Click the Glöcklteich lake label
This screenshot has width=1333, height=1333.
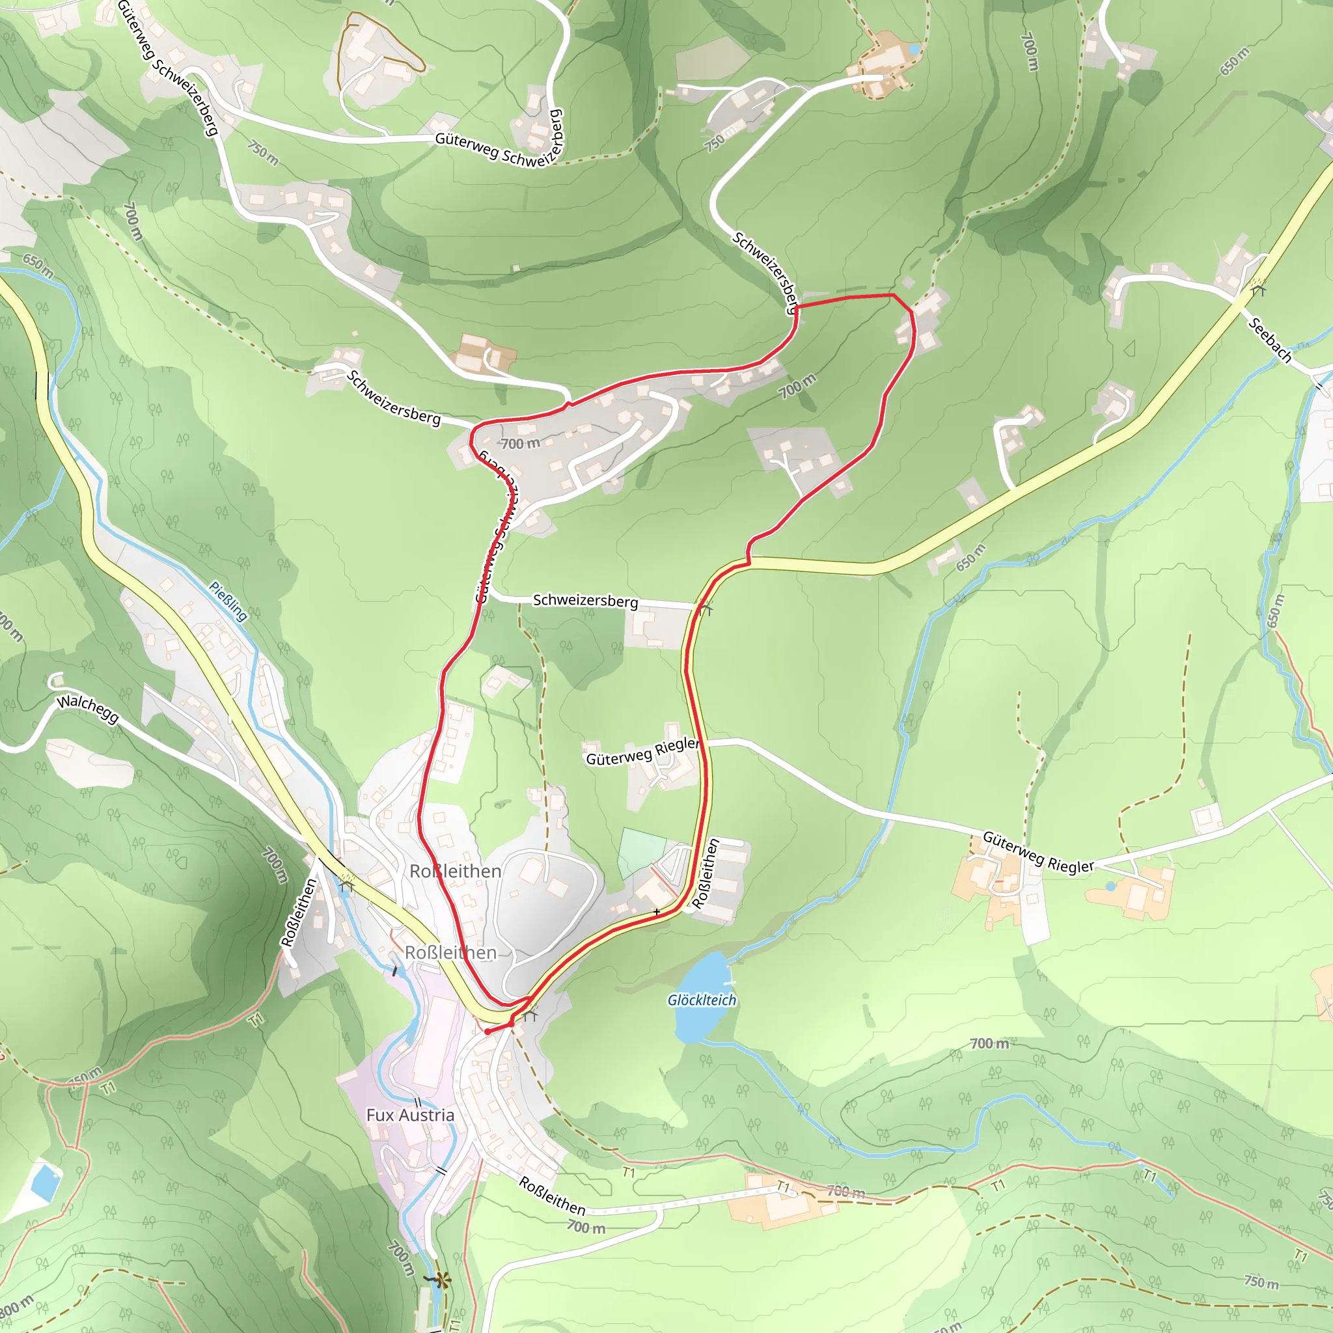point(702,1000)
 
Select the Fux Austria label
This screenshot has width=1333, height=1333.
point(410,1115)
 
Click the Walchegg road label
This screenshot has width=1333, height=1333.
point(88,709)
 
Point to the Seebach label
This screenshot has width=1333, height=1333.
point(1269,340)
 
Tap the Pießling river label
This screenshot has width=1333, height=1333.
point(228,601)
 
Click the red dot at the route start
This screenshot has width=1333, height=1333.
point(488,1032)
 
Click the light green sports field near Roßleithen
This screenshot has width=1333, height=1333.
point(642,852)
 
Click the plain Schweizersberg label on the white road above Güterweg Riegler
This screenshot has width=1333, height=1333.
point(585,600)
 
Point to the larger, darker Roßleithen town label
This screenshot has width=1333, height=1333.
point(456,872)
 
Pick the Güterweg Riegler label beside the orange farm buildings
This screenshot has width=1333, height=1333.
point(1038,852)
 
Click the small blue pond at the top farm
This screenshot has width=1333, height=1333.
point(914,49)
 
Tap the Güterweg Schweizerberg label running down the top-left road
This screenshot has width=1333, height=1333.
point(168,67)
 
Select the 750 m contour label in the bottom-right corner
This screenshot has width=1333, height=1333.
point(1261,1282)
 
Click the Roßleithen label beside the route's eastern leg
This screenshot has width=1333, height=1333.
point(705,873)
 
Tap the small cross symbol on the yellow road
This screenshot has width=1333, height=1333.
point(657,912)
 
